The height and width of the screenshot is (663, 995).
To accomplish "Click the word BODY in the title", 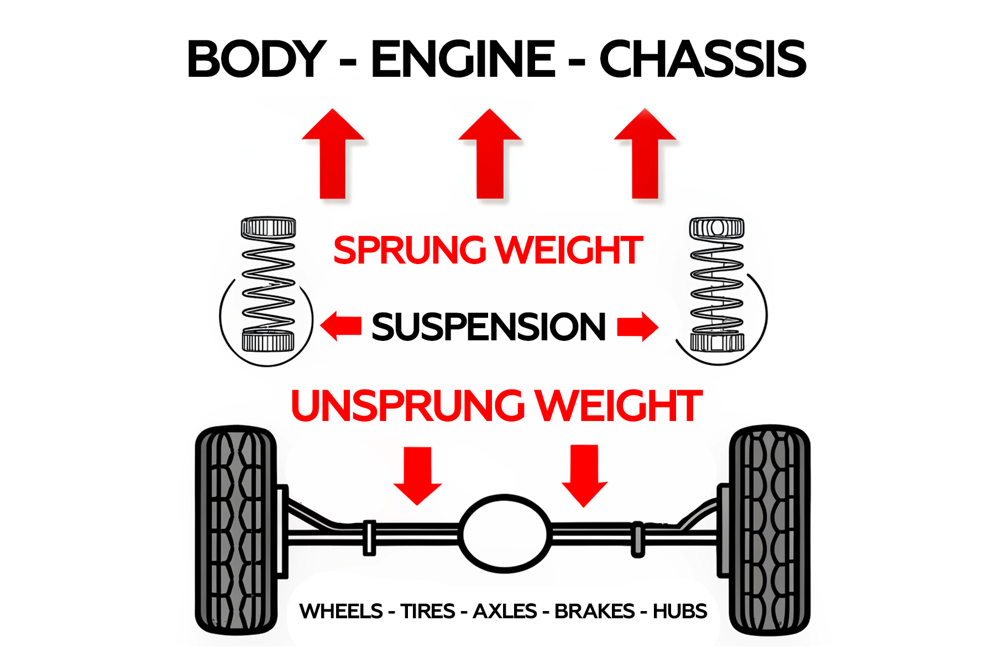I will point(256,59).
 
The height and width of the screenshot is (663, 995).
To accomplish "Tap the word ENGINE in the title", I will point(463,59).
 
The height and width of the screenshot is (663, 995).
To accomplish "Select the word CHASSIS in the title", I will point(703,59).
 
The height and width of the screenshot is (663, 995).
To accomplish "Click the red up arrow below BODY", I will point(333,155).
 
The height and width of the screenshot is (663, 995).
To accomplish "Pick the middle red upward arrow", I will point(490,155).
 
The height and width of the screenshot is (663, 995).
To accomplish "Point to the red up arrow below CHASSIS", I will point(645,155).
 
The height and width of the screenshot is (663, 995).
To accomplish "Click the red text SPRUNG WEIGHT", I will point(488,250).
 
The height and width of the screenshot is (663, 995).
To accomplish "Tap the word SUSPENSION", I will point(489,327).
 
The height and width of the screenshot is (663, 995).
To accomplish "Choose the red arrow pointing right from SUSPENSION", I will point(637,326).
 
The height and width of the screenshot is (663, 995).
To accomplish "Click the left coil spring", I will point(268,285).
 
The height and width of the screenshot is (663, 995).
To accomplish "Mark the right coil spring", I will point(717,285).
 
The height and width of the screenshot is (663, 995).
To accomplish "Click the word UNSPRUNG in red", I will point(407,406).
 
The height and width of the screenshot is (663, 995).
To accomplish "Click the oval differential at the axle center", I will point(505,534).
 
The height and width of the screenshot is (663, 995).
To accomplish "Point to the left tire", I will point(237,530).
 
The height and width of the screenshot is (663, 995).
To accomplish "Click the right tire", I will point(769,530).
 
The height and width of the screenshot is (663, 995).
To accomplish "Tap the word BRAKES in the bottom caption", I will point(594,612).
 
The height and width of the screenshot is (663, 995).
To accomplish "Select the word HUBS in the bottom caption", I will point(679,612).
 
